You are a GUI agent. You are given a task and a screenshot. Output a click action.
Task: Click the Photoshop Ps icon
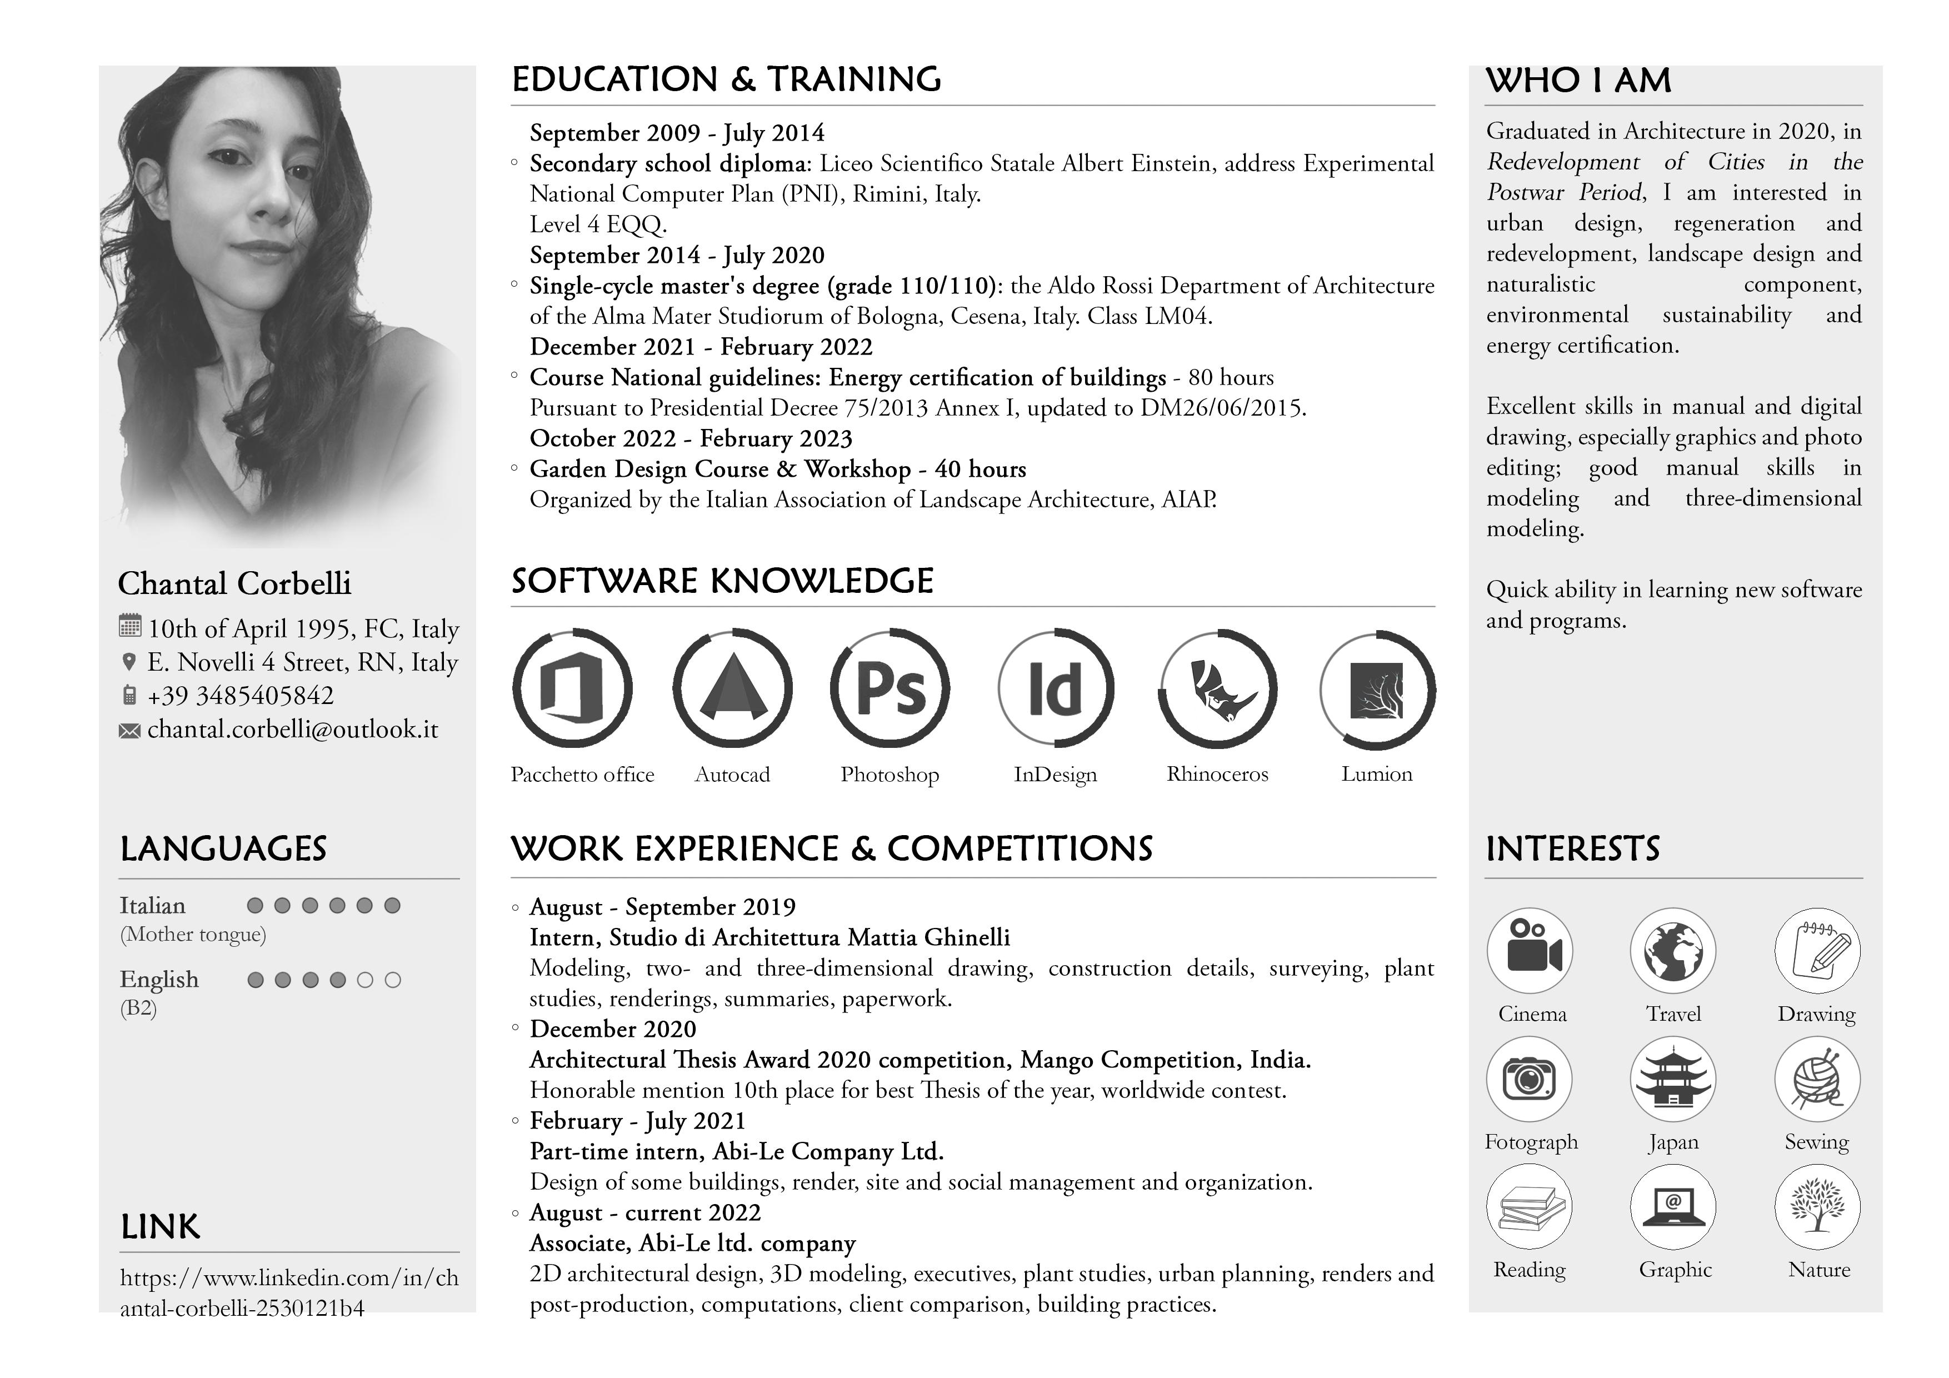pyautogui.click(x=889, y=688)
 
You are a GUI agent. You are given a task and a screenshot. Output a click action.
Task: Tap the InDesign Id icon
pyautogui.click(x=1055, y=688)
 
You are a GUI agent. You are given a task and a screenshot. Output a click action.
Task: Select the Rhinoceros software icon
pyautogui.click(x=1218, y=688)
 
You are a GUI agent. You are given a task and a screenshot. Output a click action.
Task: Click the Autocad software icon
pyautogui.click(x=732, y=688)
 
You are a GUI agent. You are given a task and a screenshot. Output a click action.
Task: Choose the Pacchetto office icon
pyautogui.click(x=572, y=688)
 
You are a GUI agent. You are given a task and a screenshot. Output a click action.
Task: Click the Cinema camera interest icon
pyautogui.click(x=1530, y=951)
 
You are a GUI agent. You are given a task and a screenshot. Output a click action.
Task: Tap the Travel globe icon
pyautogui.click(x=1672, y=951)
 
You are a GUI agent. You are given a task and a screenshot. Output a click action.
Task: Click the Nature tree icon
pyautogui.click(x=1817, y=1206)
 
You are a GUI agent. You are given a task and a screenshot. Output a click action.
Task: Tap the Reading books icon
pyautogui.click(x=1530, y=1206)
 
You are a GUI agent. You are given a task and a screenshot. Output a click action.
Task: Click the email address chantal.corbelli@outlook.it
pyautogui.click(x=292, y=730)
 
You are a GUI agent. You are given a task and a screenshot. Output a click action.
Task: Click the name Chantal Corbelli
pyautogui.click(x=234, y=583)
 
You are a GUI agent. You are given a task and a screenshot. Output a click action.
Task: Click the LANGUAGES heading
pyautogui.click(x=223, y=849)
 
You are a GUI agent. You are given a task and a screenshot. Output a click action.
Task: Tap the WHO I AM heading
pyautogui.click(x=1578, y=81)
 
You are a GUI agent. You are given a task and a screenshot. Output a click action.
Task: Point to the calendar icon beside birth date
pyautogui.click(x=129, y=627)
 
